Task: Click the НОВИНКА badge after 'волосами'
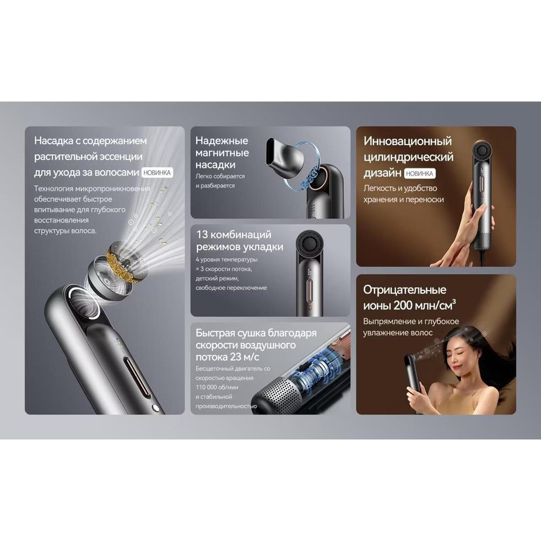click(x=157, y=172)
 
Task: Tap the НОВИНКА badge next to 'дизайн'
click(x=419, y=174)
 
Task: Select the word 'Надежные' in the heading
click(x=222, y=141)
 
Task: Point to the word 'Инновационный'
click(x=408, y=141)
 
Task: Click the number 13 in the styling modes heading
click(x=202, y=234)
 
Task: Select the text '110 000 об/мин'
click(x=217, y=387)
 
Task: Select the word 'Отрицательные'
click(x=404, y=290)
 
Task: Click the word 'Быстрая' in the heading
click(x=215, y=333)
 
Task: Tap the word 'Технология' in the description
click(x=52, y=188)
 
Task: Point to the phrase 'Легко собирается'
click(x=220, y=176)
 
